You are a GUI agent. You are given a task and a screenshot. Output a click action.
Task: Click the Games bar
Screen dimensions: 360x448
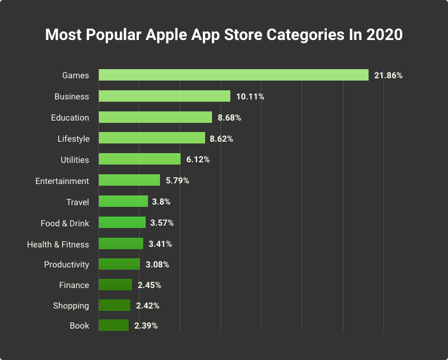[233, 75]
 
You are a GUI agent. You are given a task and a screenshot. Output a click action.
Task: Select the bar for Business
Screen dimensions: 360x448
[165, 96]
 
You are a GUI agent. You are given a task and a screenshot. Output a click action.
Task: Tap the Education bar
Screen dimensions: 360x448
[155, 117]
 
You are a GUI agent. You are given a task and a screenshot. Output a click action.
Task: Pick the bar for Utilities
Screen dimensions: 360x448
[139, 159]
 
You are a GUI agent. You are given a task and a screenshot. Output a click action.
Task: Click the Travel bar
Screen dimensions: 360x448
[123, 201]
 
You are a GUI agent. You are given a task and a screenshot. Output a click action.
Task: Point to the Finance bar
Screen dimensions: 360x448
[115, 285]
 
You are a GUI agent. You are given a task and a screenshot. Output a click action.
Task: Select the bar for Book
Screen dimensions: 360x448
[114, 325]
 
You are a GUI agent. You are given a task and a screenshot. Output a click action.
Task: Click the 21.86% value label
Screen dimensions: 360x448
[389, 75]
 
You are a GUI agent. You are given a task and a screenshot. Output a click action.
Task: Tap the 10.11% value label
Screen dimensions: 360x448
[250, 97]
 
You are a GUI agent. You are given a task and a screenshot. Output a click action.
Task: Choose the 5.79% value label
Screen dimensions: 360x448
[177, 181]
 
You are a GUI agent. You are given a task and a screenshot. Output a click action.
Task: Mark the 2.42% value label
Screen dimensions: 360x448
[147, 306]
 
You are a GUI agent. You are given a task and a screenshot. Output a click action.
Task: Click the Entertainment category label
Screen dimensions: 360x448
[62, 181]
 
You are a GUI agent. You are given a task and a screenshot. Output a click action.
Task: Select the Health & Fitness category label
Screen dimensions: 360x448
[58, 244]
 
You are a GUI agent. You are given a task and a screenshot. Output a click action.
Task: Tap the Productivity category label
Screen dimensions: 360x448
[67, 265]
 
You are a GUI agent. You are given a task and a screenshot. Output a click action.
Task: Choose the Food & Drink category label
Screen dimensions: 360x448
[65, 223]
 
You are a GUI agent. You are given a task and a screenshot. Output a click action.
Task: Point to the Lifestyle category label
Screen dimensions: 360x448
[74, 139]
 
